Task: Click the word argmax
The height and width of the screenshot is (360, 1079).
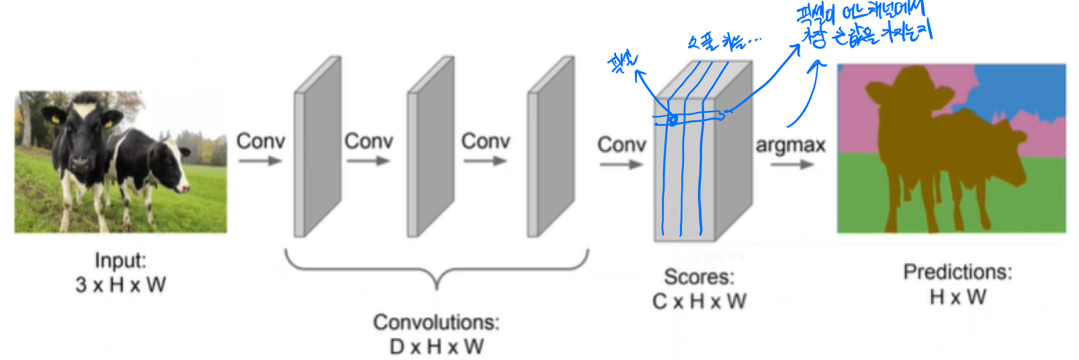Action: pyautogui.click(x=790, y=146)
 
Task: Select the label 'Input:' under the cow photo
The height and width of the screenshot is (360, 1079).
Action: pyautogui.click(x=120, y=261)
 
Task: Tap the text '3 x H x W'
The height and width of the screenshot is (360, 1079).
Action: pyautogui.click(x=120, y=285)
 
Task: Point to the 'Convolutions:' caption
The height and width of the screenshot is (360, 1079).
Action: pyautogui.click(x=437, y=322)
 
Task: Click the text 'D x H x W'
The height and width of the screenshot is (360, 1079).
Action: pyautogui.click(x=437, y=347)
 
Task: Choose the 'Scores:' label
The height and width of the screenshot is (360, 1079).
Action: pyautogui.click(x=699, y=277)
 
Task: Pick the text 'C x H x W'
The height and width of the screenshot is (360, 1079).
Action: pyautogui.click(x=699, y=301)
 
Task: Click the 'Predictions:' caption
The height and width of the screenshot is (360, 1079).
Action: pyautogui.click(x=957, y=272)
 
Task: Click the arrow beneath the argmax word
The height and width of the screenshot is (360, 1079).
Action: pyautogui.click(x=791, y=165)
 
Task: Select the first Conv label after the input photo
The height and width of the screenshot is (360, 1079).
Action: pyautogui.click(x=261, y=142)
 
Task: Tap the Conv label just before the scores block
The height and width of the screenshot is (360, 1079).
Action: pyautogui.click(x=621, y=144)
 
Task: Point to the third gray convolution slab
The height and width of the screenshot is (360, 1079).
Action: pyautogui.click(x=551, y=148)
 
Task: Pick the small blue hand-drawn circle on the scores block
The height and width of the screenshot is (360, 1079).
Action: pyautogui.click(x=672, y=121)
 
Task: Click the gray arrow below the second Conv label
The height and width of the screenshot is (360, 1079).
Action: pyautogui.click(x=368, y=161)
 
